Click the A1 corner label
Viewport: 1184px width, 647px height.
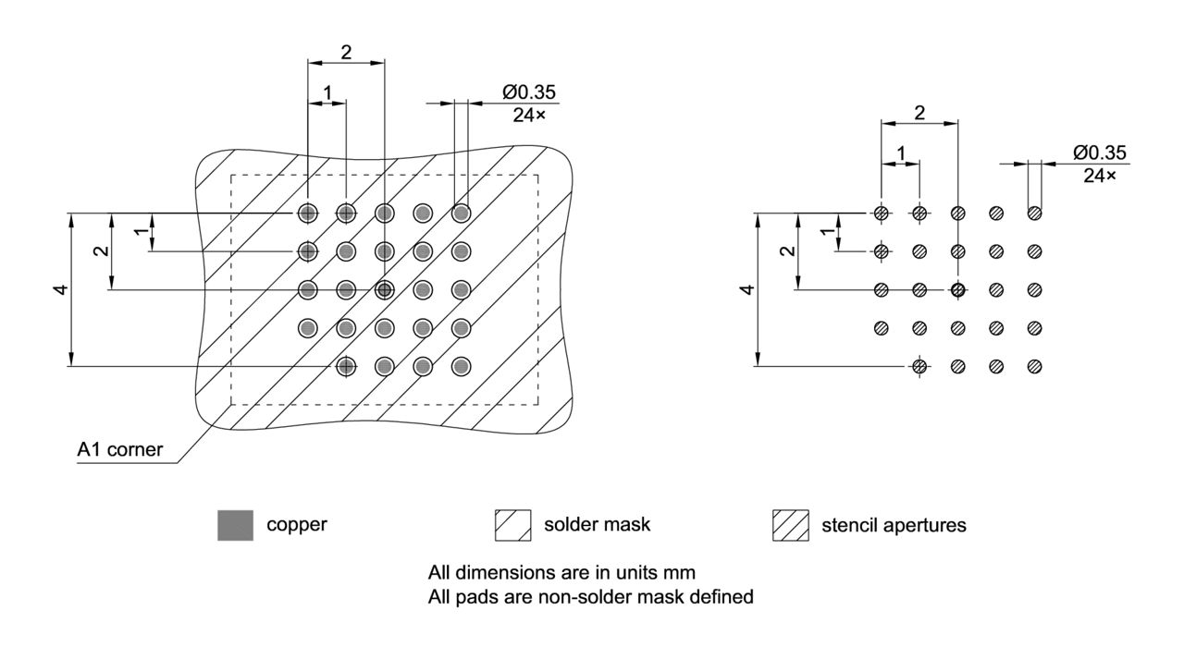click(120, 451)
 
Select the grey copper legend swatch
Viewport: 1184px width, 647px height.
click(235, 525)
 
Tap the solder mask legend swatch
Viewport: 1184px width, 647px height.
click(513, 525)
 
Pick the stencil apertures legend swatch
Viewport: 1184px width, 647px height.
click(790, 525)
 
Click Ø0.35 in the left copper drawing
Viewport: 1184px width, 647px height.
click(530, 93)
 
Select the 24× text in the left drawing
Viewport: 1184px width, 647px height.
click(530, 116)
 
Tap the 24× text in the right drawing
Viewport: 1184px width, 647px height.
click(1100, 175)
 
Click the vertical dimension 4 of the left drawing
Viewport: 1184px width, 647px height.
click(60, 290)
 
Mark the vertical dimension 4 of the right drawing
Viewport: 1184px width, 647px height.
click(747, 290)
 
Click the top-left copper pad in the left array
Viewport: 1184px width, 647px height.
click(307, 214)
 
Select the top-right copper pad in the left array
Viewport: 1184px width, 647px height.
click(461, 214)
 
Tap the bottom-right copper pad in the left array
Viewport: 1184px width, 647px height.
click(461, 366)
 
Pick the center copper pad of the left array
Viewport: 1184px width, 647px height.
click(384, 289)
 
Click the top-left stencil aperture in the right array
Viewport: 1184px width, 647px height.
click(881, 214)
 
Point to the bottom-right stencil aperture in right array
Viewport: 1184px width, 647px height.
click(1034, 366)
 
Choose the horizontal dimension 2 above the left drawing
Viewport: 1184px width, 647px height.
click(346, 53)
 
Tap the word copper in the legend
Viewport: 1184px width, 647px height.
click(297, 525)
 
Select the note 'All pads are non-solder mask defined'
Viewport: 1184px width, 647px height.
click(590, 597)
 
